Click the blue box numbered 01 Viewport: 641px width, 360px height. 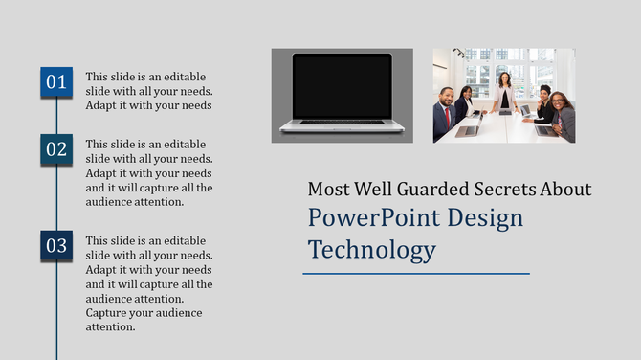coord(56,82)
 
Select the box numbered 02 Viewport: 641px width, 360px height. coord(56,149)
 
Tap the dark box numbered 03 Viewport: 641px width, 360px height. coord(56,246)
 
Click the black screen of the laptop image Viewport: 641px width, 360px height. coord(342,86)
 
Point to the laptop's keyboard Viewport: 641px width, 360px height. coord(342,123)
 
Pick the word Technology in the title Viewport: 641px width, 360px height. coord(371,251)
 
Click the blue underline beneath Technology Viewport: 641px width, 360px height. coord(416,273)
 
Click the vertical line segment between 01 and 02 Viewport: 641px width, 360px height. coord(56,116)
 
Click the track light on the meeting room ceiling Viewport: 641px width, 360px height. coord(459,54)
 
